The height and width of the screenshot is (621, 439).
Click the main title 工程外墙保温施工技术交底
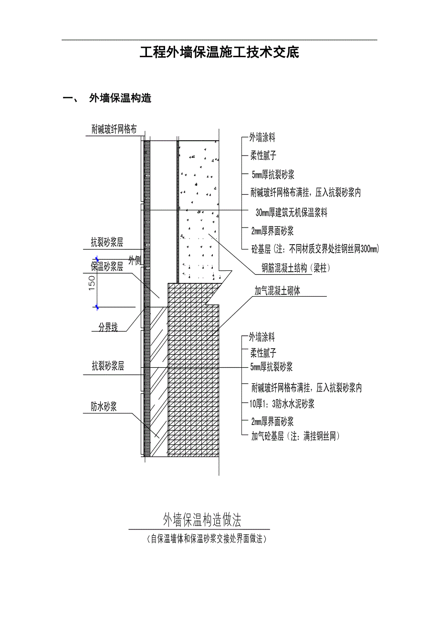coord(219,52)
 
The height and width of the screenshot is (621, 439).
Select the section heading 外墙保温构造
coord(120,99)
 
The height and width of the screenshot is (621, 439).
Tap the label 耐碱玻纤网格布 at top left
coord(115,129)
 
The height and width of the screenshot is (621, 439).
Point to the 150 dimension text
coord(92,282)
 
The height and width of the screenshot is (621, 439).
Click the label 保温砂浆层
coord(107,267)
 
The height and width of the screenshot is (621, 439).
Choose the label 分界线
coord(108,328)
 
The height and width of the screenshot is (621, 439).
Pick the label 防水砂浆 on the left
coord(104,406)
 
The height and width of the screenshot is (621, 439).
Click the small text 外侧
coord(135,260)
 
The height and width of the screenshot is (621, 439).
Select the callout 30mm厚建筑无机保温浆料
coord(291,213)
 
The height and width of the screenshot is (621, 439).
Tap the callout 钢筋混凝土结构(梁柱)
coord(295,269)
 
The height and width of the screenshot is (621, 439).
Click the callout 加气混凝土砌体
coord(277,291)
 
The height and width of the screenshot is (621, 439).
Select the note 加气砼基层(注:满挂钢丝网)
coord(295,435)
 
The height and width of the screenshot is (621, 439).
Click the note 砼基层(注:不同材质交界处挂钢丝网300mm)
coord(315,248)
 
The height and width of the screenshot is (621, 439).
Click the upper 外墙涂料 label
coord(262,138)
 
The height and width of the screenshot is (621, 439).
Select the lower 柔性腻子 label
coord(263,353)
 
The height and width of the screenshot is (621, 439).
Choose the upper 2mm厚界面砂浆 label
coord(272,231)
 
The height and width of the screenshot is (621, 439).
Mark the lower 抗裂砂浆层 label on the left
coord(108,366)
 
